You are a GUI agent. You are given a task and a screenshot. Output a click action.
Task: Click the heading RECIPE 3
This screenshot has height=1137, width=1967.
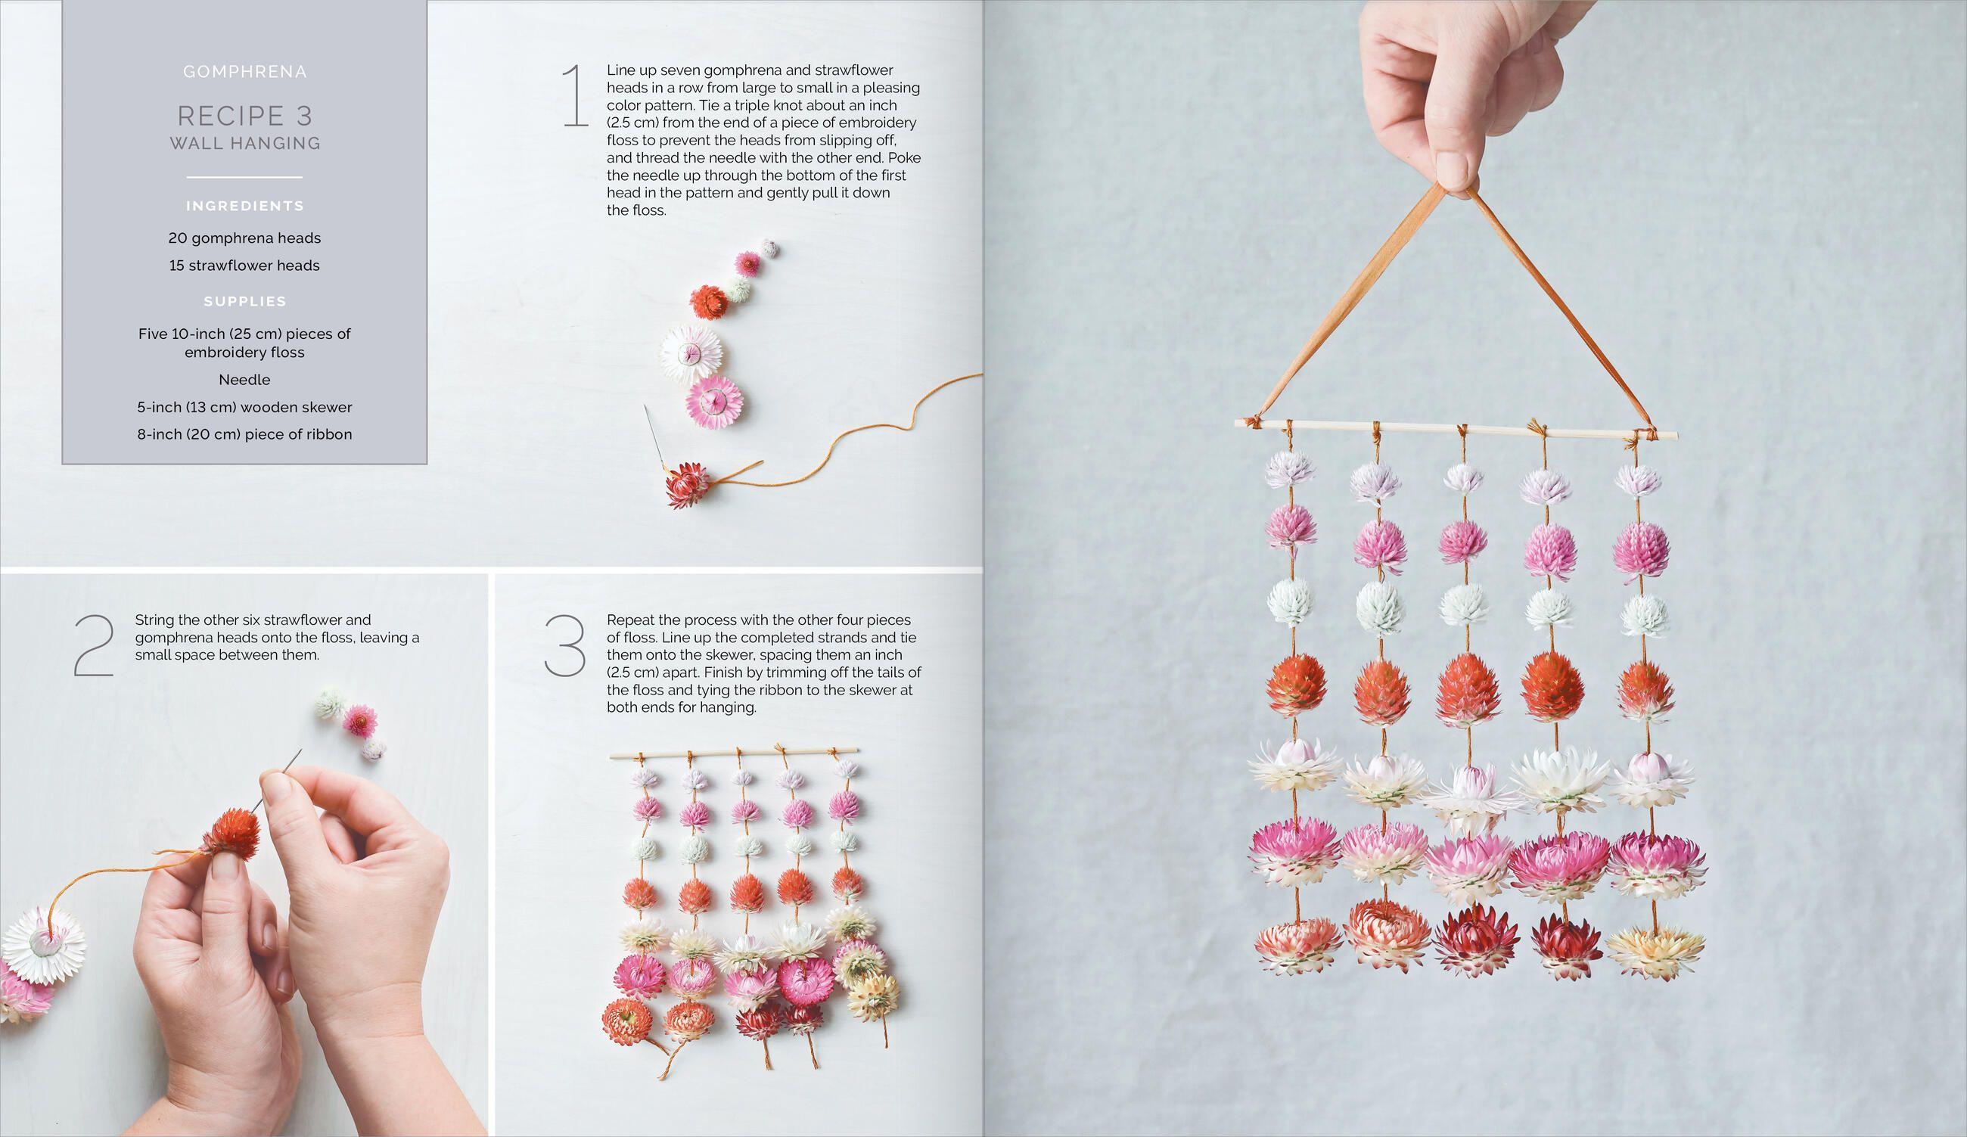244,116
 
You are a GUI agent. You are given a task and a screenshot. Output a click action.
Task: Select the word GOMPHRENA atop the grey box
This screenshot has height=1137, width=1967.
244,72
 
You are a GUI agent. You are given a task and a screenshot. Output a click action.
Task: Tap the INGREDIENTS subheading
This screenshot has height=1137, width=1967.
244,206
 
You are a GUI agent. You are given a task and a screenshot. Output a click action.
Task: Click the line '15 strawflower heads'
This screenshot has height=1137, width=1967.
244,266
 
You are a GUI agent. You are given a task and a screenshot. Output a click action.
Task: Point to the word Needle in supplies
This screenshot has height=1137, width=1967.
244,380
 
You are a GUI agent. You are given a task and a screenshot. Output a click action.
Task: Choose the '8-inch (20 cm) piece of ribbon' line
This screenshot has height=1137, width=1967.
244,435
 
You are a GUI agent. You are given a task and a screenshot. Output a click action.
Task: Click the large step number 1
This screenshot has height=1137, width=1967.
575,97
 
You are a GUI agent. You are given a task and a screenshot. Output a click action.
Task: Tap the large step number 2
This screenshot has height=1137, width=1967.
94,646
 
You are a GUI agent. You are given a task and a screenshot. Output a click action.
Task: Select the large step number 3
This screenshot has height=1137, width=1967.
565,646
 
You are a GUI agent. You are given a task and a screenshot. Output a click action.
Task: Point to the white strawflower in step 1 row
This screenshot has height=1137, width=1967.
690,353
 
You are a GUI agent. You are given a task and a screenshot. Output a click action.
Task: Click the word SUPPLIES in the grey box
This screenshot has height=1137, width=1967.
244,301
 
